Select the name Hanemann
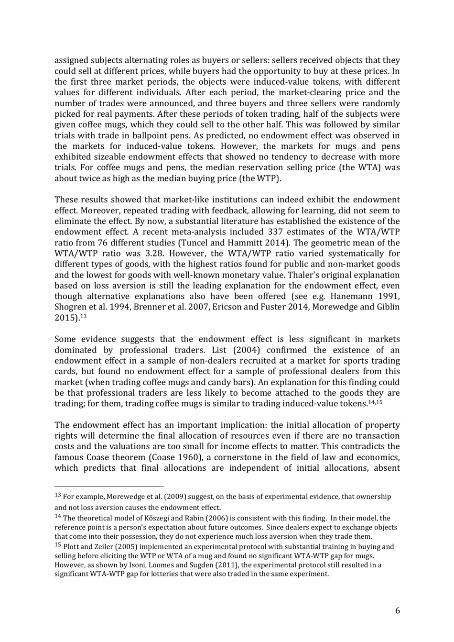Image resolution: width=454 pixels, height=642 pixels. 356,297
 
